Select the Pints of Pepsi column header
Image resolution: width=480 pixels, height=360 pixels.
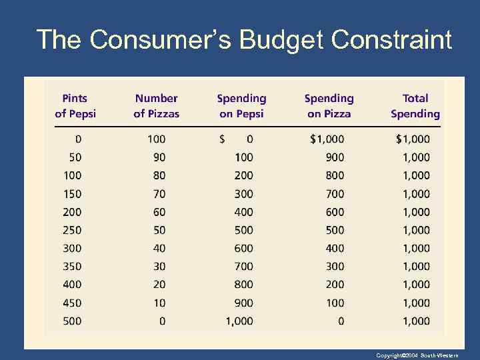point(75,106)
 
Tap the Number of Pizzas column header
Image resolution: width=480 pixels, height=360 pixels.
point(156,106)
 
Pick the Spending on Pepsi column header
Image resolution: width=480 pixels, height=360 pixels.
point(241,106)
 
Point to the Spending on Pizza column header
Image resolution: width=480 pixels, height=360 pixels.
point(329,106)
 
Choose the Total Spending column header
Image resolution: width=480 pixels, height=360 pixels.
point(415,106)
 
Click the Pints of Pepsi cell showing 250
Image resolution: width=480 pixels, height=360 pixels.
point(72,230)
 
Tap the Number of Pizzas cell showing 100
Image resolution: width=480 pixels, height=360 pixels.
point(156,139)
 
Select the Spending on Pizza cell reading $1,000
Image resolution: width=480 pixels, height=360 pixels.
point(327,139)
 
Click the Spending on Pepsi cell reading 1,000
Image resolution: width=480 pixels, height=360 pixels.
point(239,321)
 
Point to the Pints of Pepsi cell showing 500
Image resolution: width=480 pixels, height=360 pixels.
point(72,321)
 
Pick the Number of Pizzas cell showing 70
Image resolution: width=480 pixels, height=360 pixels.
point(159,194)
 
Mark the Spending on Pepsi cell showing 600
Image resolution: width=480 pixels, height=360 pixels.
point(244,248)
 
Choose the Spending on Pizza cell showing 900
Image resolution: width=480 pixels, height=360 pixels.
point(335,157)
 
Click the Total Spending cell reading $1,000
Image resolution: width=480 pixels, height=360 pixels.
point(413,139)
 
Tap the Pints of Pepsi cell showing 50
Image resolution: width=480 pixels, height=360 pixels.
point(75,157)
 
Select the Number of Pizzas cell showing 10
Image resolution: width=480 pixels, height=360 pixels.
point(159,303)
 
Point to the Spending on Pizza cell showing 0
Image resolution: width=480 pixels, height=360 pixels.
point(341,321)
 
